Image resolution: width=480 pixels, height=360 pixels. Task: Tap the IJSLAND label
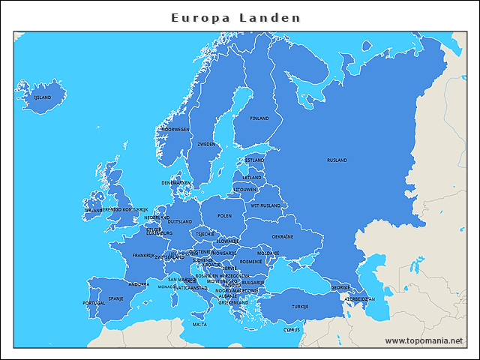pos(42,97)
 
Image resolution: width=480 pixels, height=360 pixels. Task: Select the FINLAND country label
pos(259,118)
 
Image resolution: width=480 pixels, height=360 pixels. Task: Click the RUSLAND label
pos(337,160)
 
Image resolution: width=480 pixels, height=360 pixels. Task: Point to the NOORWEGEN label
pos(175,129)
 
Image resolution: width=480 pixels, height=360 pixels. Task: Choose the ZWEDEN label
pos(206,144)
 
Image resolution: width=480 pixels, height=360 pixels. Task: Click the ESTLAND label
pos(255,160)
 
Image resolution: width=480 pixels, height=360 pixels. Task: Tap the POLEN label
pos(224,215)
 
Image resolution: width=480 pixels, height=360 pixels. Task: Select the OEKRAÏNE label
pos(283,236)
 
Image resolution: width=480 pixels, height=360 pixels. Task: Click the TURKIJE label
pos(300,307)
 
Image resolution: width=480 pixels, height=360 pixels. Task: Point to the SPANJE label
pos(116,298)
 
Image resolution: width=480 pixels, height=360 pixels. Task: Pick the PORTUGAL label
pos(94,303)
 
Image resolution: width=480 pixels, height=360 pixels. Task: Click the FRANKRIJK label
pos(143,255)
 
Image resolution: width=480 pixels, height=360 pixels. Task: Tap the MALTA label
pos(199,325)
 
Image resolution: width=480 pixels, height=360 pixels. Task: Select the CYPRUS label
pos(292,329)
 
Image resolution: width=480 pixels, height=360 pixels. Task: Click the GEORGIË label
pos(341,287)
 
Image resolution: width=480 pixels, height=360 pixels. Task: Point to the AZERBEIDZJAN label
pos(359,298)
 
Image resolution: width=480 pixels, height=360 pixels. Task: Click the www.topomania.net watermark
pos(424,340)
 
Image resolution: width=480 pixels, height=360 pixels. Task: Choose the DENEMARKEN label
pos(176,182)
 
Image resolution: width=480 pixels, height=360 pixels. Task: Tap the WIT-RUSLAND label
pos(265,205)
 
